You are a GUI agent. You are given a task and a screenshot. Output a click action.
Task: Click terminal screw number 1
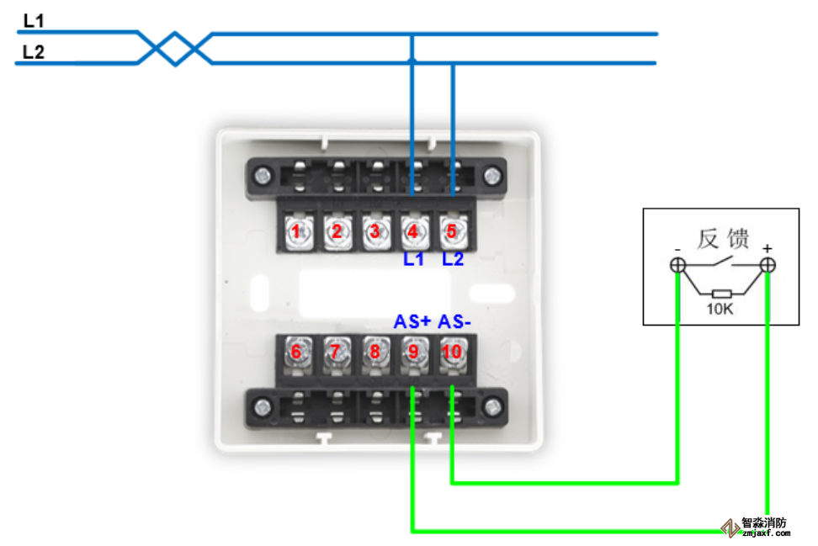point(296,231)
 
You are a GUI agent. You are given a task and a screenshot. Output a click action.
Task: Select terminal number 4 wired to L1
point(412,231)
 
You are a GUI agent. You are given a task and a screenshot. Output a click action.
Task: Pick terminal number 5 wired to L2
point(452,231)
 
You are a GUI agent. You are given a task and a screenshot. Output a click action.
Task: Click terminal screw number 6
point(296,352)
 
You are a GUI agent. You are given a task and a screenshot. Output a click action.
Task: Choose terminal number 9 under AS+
point(412,352)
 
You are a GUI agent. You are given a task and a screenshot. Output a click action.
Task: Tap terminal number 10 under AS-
point(452,352)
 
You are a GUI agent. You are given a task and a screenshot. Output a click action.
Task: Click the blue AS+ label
point(412,322)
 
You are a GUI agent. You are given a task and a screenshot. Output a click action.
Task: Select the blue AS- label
point(455,322)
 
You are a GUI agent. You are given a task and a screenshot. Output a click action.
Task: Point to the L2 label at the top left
point(34,52)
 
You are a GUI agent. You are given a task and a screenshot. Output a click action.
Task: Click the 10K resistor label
point(721,310)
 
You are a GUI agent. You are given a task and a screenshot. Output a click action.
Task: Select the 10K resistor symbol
point(721,294)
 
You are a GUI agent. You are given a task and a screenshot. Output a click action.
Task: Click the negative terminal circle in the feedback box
point(677,266)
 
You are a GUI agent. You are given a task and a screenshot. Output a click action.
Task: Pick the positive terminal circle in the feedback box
point(767,266)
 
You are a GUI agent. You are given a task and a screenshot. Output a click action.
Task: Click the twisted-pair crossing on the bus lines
point(175,48)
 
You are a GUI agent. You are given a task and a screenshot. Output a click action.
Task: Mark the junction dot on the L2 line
point(412,61)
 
